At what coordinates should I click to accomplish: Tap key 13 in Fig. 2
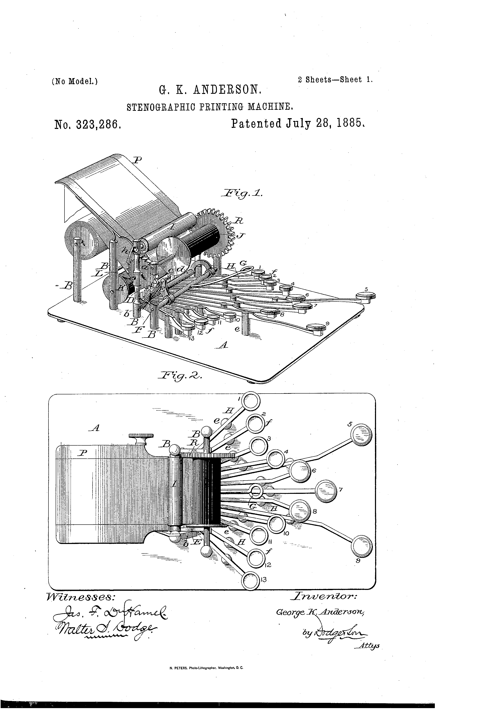(250, 580)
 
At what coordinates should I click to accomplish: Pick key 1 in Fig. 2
(250, 401)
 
